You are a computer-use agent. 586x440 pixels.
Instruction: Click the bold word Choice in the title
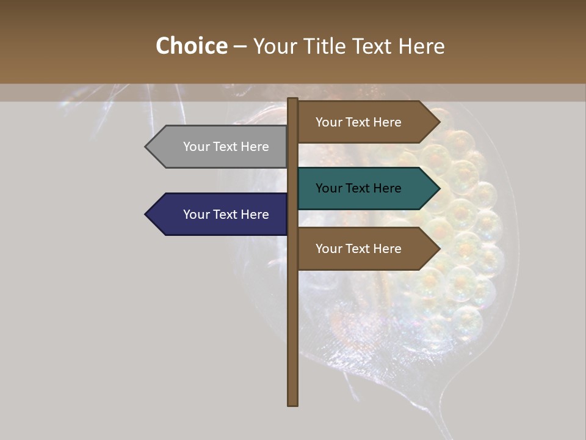[191, 46]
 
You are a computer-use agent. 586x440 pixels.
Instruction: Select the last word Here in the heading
[421, 46]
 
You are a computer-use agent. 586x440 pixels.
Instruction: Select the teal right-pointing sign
[366, 188]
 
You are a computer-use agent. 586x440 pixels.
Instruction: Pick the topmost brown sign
[366, 122]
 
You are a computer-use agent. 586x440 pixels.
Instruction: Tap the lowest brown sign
[366, 249]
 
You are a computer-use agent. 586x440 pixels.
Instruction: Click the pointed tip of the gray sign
[146, 147]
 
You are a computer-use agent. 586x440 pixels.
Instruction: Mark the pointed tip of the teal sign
[439, 188]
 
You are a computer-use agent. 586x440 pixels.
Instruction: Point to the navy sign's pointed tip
[146, 215]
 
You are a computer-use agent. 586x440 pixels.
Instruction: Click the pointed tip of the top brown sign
[439, 122]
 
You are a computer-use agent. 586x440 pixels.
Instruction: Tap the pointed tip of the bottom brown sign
[439, 249]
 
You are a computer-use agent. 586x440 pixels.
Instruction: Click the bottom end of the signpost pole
[293, 404]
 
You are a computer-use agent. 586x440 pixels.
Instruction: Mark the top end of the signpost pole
[293, 100]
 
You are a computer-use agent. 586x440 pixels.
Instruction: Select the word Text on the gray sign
[226, 147]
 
